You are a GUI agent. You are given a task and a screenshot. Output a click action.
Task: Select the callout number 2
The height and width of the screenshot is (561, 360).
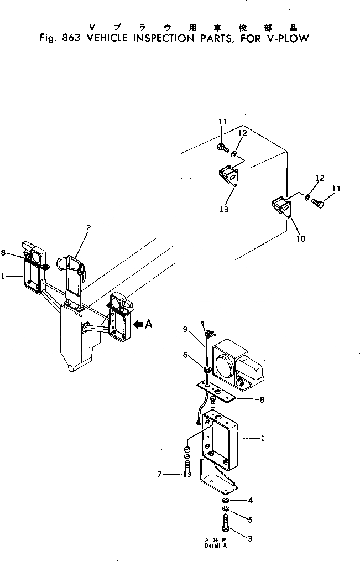click(88, 227)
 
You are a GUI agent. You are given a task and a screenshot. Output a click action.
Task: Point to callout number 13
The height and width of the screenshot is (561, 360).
click(224, 210)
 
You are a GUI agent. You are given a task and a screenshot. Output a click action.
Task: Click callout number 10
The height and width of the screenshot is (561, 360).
click(301, 239)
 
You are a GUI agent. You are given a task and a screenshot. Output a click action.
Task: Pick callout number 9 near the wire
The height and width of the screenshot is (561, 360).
click(186, 330)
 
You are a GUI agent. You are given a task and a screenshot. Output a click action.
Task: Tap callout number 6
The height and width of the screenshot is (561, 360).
click(186, 356)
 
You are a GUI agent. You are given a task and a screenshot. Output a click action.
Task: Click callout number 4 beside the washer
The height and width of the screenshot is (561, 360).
click(251, 500)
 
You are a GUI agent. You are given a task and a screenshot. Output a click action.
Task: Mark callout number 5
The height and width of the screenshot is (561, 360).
click(251, 520)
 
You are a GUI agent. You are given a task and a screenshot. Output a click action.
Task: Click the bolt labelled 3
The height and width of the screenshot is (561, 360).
click(227, 523)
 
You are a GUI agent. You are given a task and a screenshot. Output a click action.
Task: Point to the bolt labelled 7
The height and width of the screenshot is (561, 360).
click(187, 471)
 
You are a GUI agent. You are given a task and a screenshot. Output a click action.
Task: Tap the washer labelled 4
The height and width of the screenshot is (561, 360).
click(226, 501)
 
